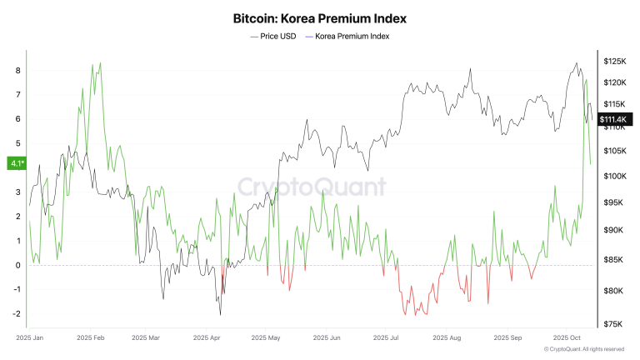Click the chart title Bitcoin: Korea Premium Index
319,17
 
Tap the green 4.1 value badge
16,163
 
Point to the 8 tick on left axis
17,71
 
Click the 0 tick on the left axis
17,265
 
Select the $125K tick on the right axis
615,62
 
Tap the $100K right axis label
615,176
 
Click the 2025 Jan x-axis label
30,338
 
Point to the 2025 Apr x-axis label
206,338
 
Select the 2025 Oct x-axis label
567,338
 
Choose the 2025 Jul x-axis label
387,338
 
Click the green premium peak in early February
100,62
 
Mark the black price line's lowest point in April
220,314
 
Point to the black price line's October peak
576,62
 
